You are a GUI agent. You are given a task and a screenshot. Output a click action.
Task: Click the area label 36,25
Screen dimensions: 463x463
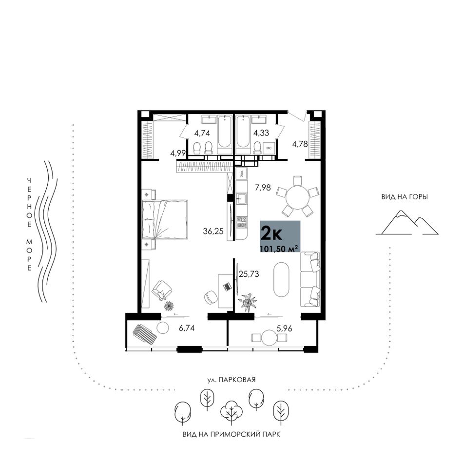(x=212, y=231)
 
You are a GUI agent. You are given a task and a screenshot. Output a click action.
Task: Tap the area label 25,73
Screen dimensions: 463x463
(x=249, y=274)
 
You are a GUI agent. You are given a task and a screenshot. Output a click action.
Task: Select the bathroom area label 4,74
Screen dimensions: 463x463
(x=202, y=133)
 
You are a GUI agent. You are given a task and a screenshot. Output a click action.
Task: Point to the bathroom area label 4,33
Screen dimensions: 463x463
(x=261, y=133)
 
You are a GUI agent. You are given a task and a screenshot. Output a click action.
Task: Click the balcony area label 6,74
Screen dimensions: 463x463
(x=187, y=328)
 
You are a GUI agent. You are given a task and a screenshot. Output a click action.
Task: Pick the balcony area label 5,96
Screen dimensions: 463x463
(x=284, y=328)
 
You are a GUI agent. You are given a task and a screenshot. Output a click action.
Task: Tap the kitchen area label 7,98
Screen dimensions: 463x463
(x=263, y=187)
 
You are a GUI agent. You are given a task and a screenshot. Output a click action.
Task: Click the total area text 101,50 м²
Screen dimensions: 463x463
(x=278, y=249)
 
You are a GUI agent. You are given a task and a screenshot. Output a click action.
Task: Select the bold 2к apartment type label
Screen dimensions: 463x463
(x=271, y=234)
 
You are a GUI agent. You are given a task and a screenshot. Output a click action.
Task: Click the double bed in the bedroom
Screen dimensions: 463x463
(x=165, y=219)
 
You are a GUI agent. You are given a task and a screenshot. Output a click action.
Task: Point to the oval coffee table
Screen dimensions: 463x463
(x=281, y=279)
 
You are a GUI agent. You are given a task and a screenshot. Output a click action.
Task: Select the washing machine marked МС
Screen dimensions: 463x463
(x=269, y=148)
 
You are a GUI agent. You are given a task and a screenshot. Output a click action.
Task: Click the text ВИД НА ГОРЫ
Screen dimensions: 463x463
(x=405, y=197)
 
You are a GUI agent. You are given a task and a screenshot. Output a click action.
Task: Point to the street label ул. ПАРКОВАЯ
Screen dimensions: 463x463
(x=231, y=380)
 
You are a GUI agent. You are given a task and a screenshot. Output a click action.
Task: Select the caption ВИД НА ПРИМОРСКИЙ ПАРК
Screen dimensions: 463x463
(x=231, y=434)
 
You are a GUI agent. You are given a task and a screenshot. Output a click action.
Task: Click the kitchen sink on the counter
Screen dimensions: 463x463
(x=242, y=199)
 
